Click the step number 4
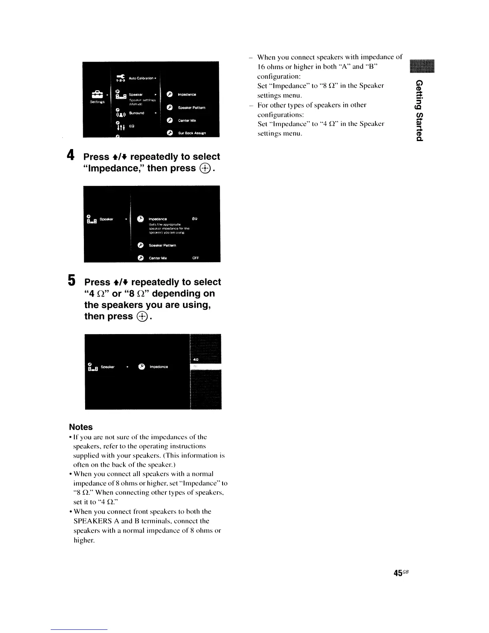coord(70,155)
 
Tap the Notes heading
coord(81,427)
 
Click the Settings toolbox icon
coord(97,95)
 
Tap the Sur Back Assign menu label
coord(191,133)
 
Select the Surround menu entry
coord(136,113)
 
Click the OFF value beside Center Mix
coord(195,258)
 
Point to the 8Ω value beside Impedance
coord(195,219)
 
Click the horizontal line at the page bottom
coord(79,629)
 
